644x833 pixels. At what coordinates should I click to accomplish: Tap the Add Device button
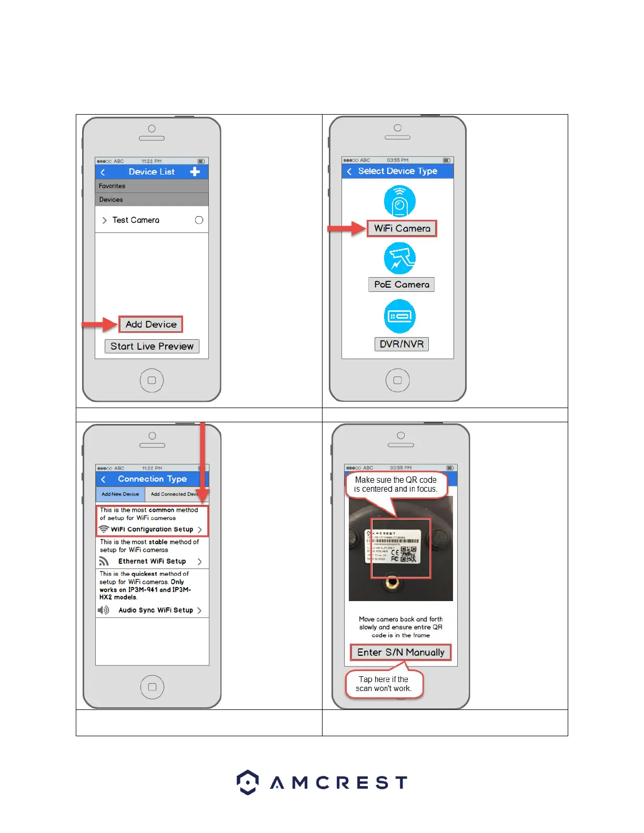point(151,324)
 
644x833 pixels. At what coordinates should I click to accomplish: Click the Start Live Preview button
point(152,346)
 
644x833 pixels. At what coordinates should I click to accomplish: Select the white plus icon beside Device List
point(195,171)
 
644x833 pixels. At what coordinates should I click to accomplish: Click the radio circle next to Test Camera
point(199,220)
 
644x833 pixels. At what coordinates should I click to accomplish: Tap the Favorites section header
point(152,186)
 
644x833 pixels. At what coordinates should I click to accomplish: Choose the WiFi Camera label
point(402,228)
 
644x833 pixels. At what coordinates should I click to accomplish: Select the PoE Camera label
point(401,285)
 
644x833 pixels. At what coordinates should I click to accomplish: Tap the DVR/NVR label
point(401,344)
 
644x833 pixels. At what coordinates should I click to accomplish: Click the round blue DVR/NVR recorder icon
point(400,316)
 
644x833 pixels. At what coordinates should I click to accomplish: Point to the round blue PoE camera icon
point(400,258)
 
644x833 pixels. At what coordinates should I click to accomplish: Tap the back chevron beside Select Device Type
point(349,171)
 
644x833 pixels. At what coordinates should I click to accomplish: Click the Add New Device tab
point(120,494)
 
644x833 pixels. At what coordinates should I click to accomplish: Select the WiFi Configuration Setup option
point(152,529)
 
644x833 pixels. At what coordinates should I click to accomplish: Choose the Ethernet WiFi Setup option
point(152,561)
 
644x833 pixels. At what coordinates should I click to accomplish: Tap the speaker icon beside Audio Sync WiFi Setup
point(104,610)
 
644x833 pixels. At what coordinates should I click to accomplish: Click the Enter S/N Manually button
point(401,652)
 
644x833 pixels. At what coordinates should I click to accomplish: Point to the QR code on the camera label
point(409,554)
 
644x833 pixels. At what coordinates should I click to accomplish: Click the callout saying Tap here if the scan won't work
point(384,684)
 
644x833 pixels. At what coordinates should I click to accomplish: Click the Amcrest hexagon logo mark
point(247,782)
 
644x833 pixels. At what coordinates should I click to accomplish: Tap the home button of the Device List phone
point(152,380)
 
